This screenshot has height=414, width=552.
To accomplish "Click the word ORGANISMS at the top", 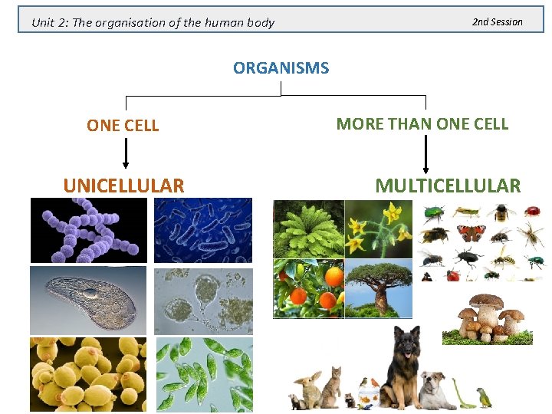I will point(281,68).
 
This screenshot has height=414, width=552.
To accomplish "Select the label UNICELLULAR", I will point(123,186).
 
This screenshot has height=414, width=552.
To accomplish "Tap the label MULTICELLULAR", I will point(447,186).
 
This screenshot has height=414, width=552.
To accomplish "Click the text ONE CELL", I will point(123,126).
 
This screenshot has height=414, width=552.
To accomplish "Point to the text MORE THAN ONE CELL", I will point(422,123).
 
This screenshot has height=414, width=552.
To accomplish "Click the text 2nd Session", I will point(497,21).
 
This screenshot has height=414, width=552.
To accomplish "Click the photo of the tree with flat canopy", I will point(378,287).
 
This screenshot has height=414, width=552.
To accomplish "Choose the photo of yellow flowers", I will point(378,228).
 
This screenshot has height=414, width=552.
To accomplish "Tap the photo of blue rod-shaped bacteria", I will point(203,230).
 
